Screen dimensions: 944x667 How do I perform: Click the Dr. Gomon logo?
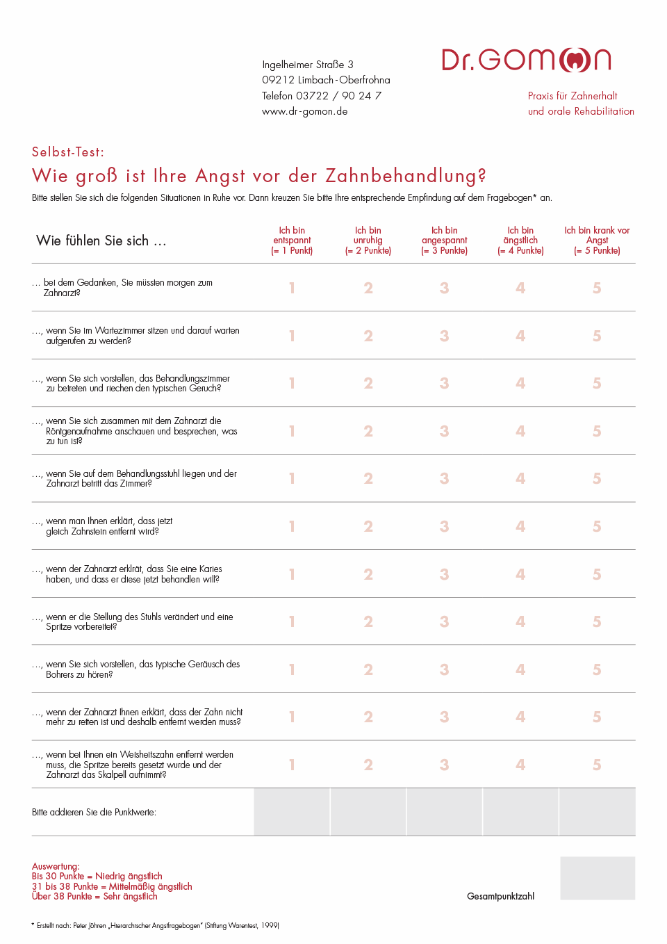coord(526,60)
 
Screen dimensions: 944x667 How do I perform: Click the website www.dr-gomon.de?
coord(304,111)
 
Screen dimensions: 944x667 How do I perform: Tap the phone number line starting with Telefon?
coord(321,96)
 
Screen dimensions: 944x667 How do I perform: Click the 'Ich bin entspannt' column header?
coord(292,241)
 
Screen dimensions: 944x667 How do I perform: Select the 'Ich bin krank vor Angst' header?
coord(597,241)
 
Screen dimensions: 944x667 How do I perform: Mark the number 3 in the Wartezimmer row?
coord(445,336)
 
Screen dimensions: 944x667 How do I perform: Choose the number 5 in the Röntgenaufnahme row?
coord(597,431)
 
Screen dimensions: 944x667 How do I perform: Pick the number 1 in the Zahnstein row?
coord(292,526)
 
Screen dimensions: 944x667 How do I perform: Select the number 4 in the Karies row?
coord(520,574)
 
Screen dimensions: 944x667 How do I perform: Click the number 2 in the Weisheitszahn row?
coord(368,765)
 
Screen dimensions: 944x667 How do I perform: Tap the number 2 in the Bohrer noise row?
coord(368,669)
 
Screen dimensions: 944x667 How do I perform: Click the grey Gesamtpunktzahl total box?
coord(598,878)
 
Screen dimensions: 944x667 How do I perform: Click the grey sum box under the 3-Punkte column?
coord(445,812)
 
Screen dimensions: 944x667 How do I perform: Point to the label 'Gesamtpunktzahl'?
coord(500,896)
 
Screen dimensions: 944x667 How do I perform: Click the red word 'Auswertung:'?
coord(56,866)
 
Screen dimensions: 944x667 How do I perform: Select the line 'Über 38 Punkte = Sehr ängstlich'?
coord(94,897)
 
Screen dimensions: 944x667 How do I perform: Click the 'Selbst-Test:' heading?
coord(68,152)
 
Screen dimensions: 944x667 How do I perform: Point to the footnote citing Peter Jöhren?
coord(156,925)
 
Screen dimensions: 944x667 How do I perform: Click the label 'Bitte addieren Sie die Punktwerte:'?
coord(94,812)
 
